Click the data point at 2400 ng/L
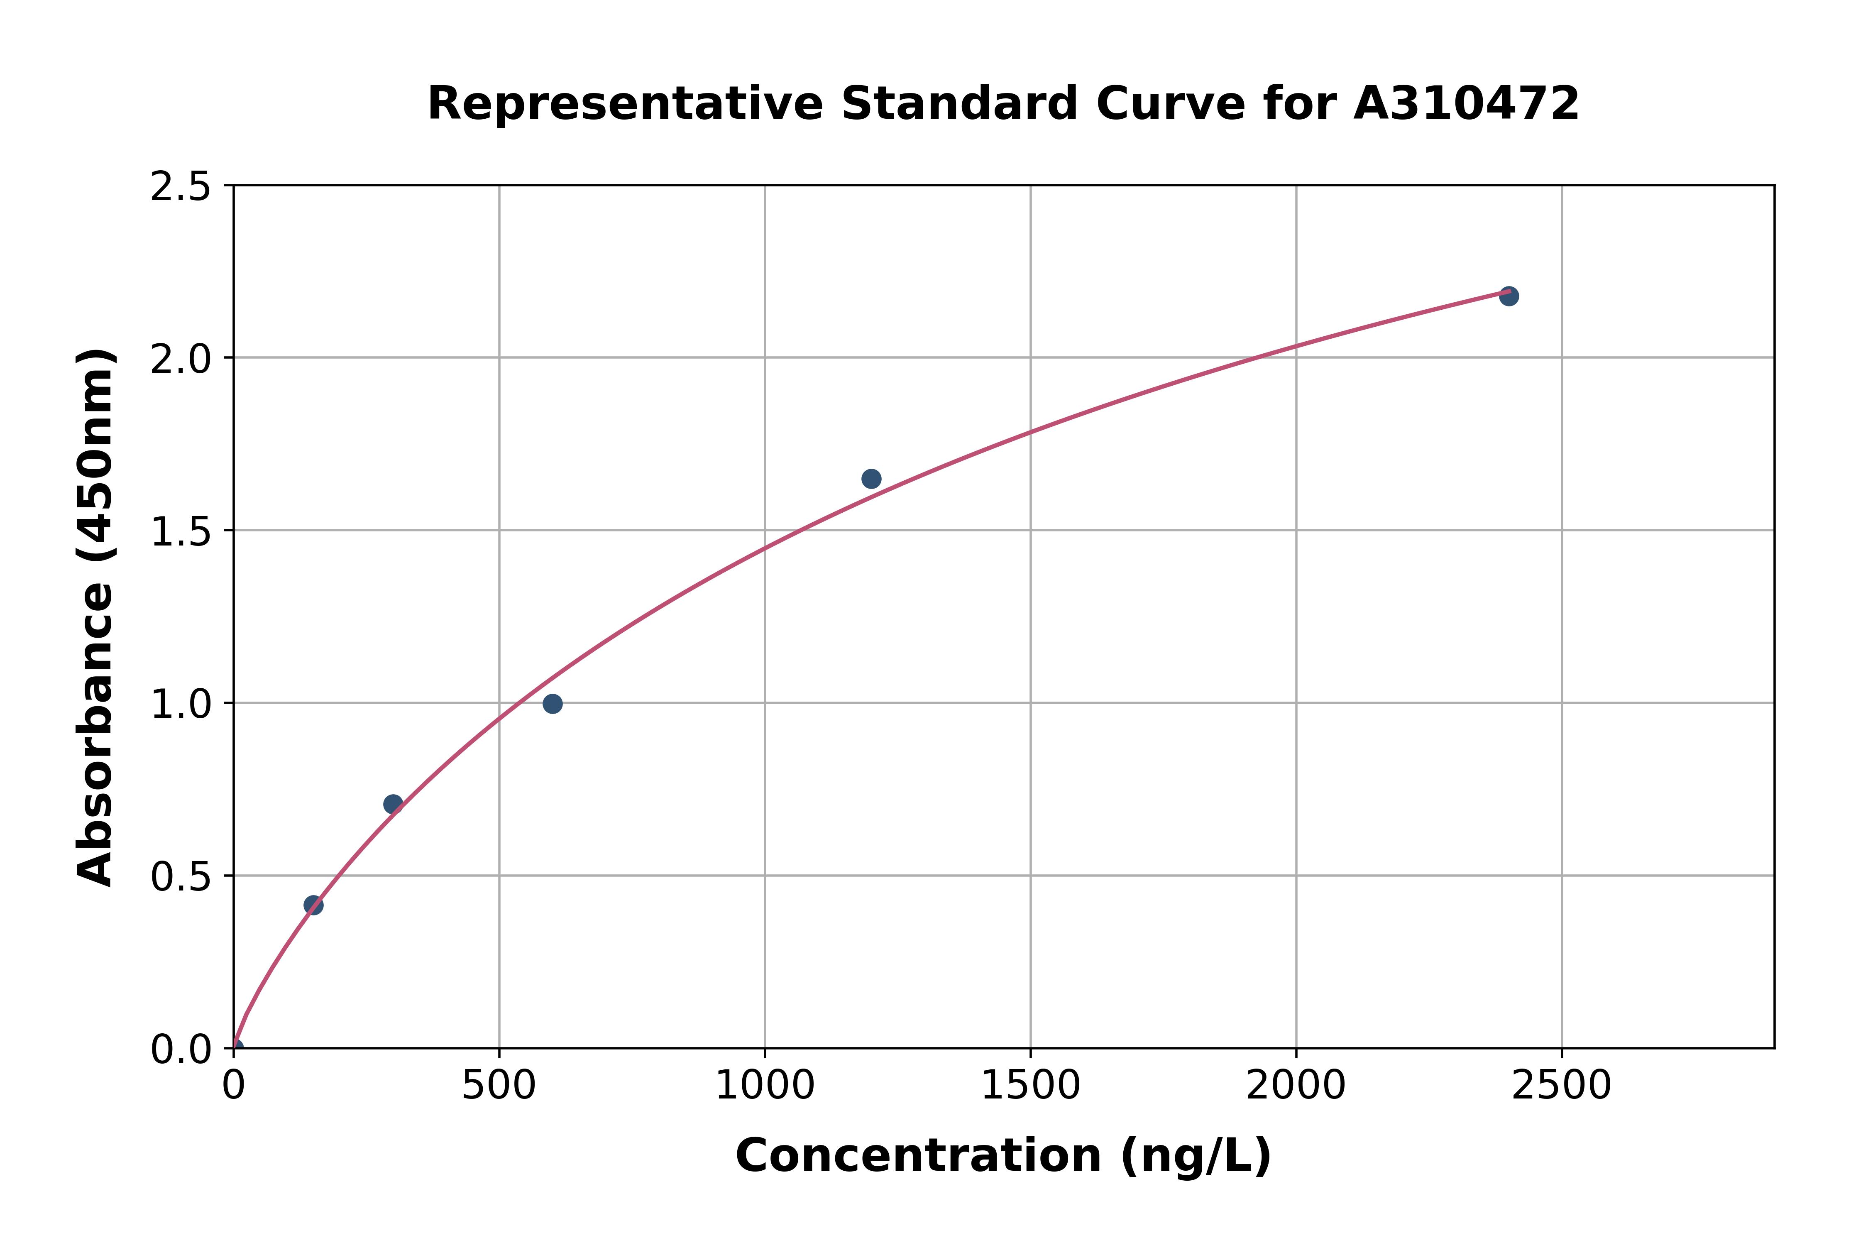(x=1508, y=296)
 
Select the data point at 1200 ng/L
(x=871, y=479)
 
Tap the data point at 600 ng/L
(x=553, y=704)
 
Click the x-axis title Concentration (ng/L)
(x=1003, y=1156)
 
